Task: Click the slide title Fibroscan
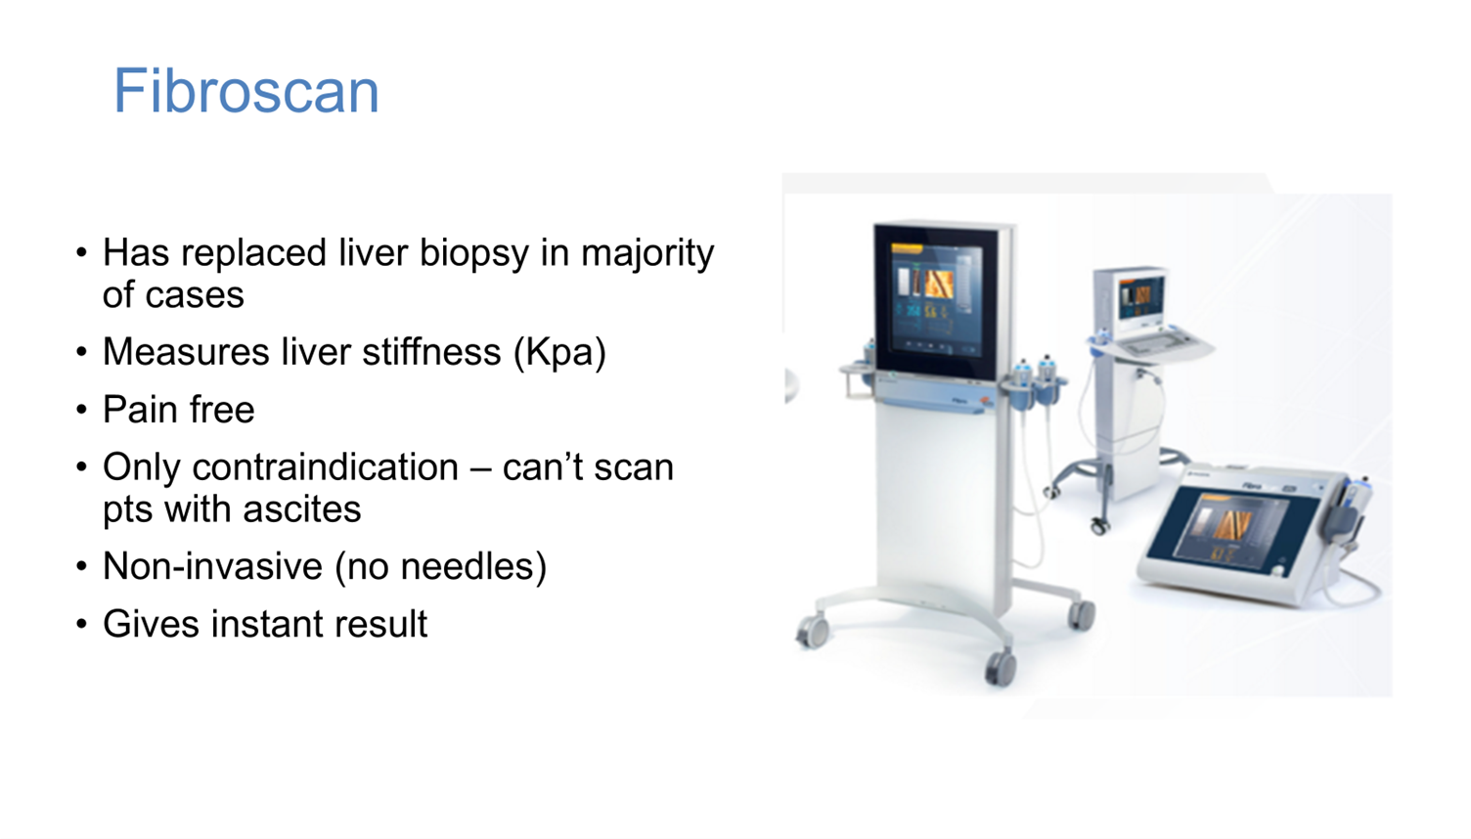point(245,91)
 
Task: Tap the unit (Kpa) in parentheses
point(560,352)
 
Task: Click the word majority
point(647,253)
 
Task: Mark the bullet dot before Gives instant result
point(82,625)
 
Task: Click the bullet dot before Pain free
point(82,411)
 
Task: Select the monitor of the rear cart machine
point(1141,297)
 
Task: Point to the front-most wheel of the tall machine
point(1000,669)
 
